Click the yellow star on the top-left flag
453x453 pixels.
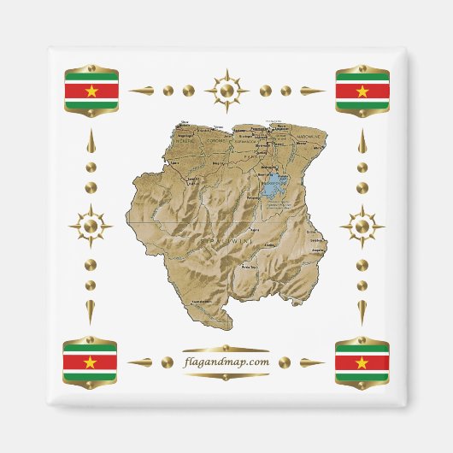coord(91,91)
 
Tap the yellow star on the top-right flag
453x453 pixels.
coord(362,91)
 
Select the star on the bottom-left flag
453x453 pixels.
coord(91,362)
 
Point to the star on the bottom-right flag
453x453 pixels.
coord(362,362)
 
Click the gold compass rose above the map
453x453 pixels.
coord(226,89)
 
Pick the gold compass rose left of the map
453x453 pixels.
coord(91,226)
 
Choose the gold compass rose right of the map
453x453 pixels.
coord(362,226)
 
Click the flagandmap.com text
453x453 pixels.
coord(226,362)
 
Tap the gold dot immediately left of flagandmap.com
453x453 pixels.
coord(168,362)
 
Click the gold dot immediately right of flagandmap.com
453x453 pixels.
coord(285,362)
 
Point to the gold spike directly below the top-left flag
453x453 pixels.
coord(91,142)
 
